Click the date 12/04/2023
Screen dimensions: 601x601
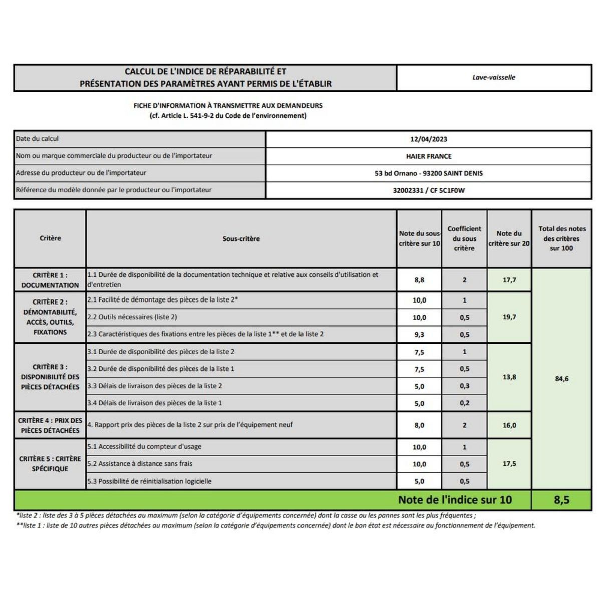pyautogui.click(x=428, y=139)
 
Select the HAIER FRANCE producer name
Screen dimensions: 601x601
pyautogui.click(x=428, y=156)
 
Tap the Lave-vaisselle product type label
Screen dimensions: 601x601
pyautogui.click(x=493, y=78)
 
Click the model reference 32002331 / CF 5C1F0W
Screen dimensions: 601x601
pyautogui.click(x=428, y=190)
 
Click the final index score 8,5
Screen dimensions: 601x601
pyautogui.click(x=561, y=500)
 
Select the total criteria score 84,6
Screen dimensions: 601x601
pyautogui.click(x=561, y=379)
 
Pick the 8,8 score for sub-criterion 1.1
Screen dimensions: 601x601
pyautogui.click(x=419, y=280)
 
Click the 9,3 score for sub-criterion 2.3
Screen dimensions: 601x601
pyautogui.click(x=419, y=334)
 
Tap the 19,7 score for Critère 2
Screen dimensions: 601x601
pyautogui.click(x=509, y=317)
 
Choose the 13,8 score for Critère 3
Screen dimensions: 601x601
pyautogui.click(x=509, y=377)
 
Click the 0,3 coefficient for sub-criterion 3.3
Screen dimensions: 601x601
pyautogui.click(x=464, y=386)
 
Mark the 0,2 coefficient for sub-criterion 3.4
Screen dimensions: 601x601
pyautogui.click(x=464, y=403)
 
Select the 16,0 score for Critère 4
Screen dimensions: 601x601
pyautogui.click(x=509, y=425)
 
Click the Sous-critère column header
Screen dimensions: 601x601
pyautogui.click(x=241, y=239)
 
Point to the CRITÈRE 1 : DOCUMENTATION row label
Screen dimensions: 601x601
pyautogui.click(x=50, y=280)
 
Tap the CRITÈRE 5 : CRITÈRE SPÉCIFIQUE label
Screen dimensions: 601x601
pyautogui.click(x=50, y=464)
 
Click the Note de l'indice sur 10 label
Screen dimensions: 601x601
pyautogui.click(x=455, y=500)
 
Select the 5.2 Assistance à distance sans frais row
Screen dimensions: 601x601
pyautogui.click(x=140, y=464)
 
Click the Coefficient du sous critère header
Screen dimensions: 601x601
pyautogui.click(x=464, y=238)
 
